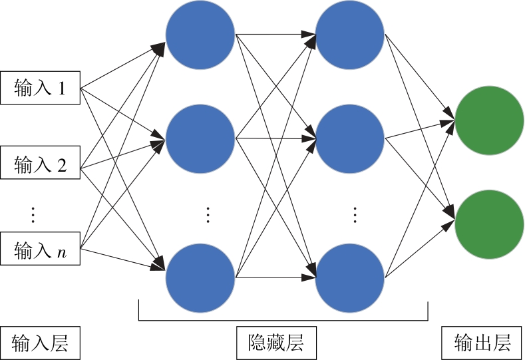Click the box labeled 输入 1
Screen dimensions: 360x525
pos(40,88)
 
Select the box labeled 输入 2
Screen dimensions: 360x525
pos(40,164)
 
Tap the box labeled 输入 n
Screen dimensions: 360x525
pos(40,250)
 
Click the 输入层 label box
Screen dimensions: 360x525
pos(40,343)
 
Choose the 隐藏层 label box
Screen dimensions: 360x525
pos(277,343)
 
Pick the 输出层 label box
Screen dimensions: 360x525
pos(482,343)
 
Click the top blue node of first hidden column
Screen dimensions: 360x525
pos(200,35)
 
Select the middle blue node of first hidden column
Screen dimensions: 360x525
pos(200,138)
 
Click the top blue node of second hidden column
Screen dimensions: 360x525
pos(350,35)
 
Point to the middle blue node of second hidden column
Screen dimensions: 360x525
pos(350,138)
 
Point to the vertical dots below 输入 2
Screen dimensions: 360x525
pos(33,214)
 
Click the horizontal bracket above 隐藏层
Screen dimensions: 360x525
pos(283,320)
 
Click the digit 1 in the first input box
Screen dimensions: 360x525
pos(62,88)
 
